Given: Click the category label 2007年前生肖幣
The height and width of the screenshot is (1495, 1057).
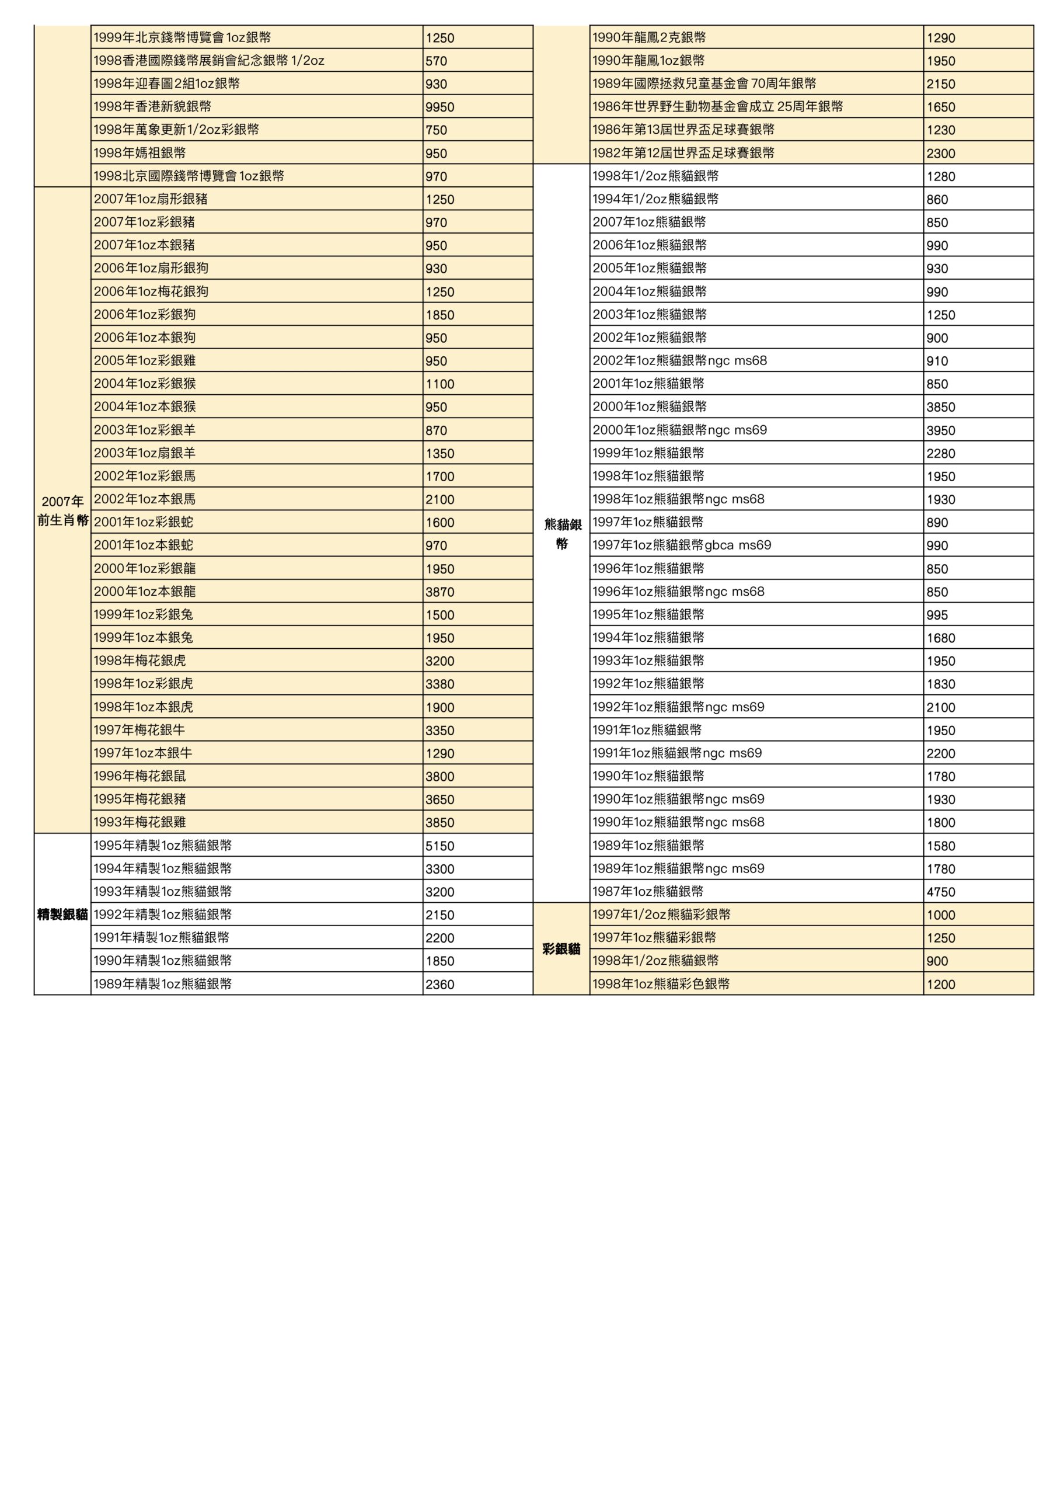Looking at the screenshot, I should [62, 510].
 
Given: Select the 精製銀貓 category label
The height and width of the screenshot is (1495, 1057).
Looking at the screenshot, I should [62, 914].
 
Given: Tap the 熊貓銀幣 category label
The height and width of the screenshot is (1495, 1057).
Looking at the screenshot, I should [561, 533].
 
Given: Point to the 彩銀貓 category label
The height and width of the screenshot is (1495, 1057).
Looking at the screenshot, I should [561, 949].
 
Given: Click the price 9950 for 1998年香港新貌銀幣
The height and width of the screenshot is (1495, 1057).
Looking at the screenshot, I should [440, 107].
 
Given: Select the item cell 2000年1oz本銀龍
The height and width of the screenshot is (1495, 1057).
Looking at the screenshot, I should [145, 591].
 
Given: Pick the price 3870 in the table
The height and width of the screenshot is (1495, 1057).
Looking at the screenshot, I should [440, 592].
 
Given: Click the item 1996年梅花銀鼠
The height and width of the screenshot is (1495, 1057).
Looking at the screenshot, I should [139, 776].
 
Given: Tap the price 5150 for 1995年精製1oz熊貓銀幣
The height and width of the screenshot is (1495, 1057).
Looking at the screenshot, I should [440, 846].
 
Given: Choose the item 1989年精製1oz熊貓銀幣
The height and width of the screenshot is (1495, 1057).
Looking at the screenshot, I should [162, 984].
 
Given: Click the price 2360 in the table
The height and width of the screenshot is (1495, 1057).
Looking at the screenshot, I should [440, 985].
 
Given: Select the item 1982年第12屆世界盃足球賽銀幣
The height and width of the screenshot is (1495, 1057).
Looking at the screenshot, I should [683, 153].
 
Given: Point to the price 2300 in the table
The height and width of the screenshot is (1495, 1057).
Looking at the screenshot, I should [941, 154].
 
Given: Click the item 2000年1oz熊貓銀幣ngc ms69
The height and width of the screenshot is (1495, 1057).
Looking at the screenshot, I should [679, 430].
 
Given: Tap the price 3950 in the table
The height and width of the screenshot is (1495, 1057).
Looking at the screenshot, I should [941, 430].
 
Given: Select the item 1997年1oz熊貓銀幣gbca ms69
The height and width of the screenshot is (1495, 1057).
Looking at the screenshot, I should [682, 545].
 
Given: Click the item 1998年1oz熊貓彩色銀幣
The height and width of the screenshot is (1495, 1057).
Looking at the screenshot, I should [661, 984].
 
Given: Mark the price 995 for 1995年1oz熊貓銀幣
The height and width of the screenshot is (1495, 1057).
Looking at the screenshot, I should [937, 616].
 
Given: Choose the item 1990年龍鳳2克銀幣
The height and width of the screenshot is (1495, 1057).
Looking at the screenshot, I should [649, 38].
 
